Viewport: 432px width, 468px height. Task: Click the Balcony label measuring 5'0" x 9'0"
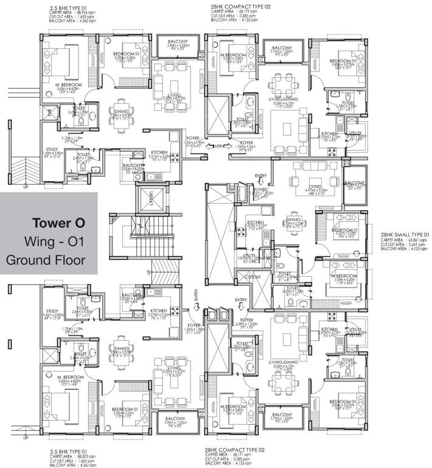pos(354,185)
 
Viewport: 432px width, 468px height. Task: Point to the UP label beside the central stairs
pos(148,272)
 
